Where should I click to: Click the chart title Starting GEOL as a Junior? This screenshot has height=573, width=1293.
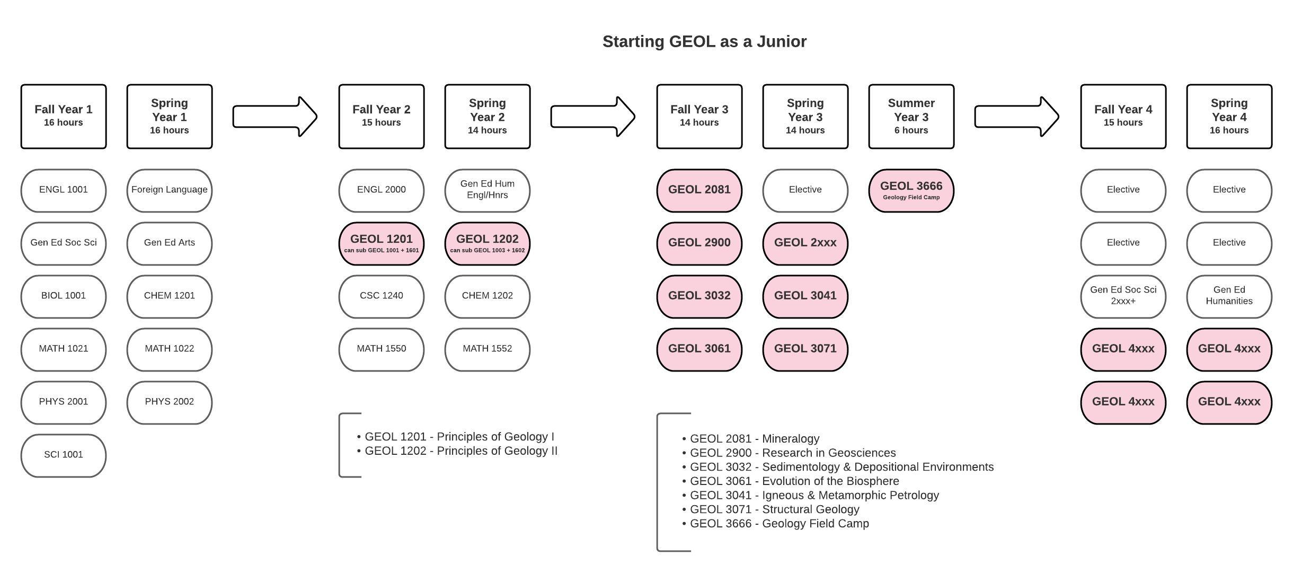point(704,41)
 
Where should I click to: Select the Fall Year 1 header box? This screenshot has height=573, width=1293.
point(64,116)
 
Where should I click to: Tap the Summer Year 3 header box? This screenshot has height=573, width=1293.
point(911,116)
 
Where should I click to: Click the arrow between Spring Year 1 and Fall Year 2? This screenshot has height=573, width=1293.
point(275,117)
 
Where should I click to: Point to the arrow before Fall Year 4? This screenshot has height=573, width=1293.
point(1016,117)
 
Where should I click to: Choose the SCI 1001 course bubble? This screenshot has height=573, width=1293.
point(64,455)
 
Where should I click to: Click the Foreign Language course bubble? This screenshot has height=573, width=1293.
point(170,190)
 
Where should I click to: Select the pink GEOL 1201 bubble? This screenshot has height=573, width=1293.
point(382,243)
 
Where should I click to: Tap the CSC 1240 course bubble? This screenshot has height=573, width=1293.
point(382,296)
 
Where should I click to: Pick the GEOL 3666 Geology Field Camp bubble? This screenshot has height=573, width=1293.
point(911,190)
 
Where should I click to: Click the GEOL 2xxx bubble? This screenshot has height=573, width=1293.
point(805,243)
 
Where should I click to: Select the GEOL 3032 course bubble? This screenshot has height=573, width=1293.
point(699,296)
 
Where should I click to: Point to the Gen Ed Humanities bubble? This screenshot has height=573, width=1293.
point(1229,296)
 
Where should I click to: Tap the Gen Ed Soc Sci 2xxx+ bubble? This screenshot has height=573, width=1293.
point(1123,296)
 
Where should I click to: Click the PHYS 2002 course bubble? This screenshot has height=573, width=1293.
point(170,402)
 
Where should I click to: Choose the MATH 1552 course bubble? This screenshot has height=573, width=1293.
point(487,349)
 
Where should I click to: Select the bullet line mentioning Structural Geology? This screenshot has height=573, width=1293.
point(772,509)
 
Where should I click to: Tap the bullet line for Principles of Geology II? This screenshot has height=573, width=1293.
point(458,451)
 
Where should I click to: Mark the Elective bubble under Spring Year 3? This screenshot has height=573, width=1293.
point(805,190)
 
